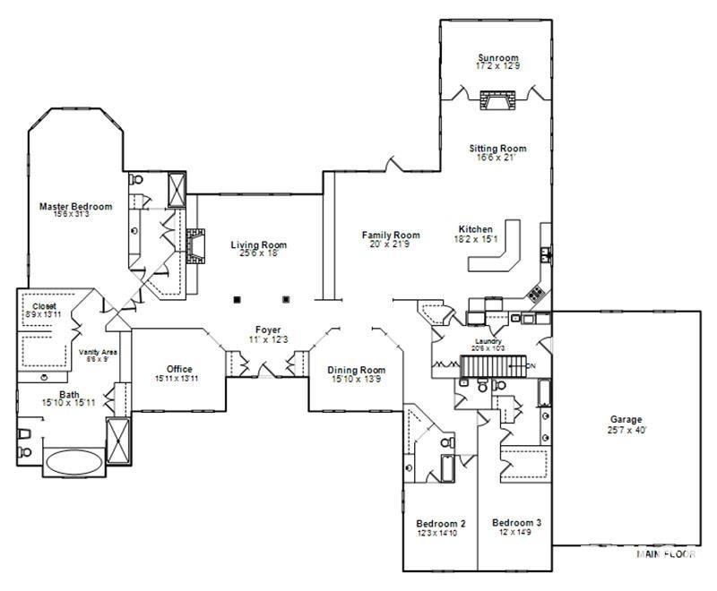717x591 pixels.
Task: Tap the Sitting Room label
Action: point(497,148)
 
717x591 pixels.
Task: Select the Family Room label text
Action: point(391,236)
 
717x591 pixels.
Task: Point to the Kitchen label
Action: point(475,229)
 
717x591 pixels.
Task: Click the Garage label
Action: point(626,419)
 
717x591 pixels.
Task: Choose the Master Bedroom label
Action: point(76,207)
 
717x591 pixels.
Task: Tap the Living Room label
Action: point(258,244)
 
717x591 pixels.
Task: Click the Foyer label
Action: point(268,330)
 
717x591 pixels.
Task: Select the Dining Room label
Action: point(356,370)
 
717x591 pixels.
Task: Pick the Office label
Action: point(179,369)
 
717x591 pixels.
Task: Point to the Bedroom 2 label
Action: point(441,524)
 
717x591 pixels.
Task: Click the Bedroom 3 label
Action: point(516,522)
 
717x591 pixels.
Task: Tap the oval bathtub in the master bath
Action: point(74,463)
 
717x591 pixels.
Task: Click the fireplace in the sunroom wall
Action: point(496,99)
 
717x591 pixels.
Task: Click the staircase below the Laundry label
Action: point(491,365)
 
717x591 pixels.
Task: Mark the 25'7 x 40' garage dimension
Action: point(626,430)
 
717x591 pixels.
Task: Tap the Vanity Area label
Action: point(97,352)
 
